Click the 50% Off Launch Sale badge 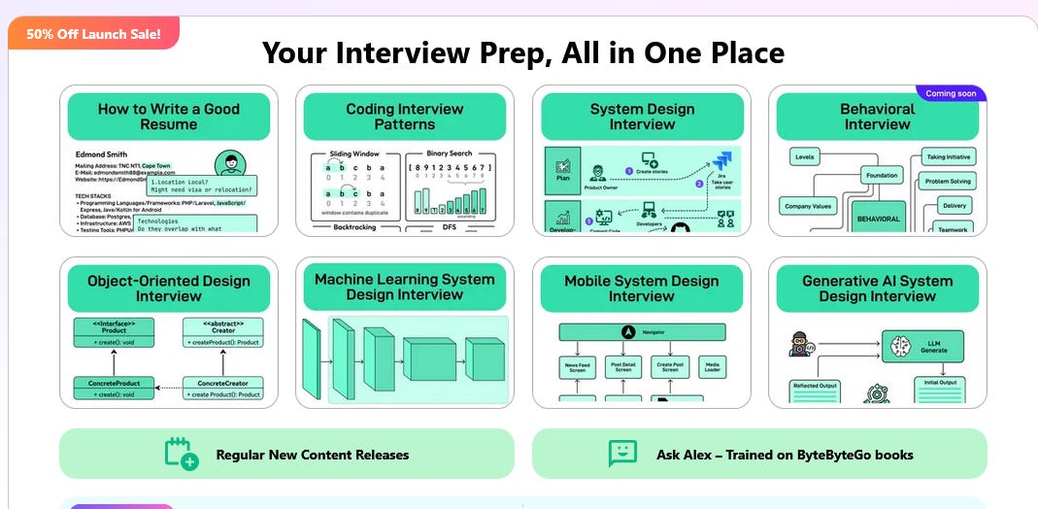click(x=93, y=34)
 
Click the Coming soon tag click(x=952, y=94)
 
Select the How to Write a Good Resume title click(x=169, y=117)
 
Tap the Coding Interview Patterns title click(x=405, y=117)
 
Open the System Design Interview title click(x=642, y=117)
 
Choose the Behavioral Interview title click(x=877, y=117)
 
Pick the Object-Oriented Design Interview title click(x=169, y=288)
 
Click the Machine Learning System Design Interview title click(x=405, y=287)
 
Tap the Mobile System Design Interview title click(x=642, y=288)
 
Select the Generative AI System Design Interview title click(x=877, y=288)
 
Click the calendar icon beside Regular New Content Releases click(x=181, y=454)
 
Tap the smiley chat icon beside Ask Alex click(x=622, y=454)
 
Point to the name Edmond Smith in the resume click(x=102, y=154)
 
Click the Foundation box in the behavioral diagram click(x=882, y=176)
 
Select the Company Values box click(x=808, y=206)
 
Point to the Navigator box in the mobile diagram click(x=642, y=332)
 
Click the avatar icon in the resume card click(x=231, y=163)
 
